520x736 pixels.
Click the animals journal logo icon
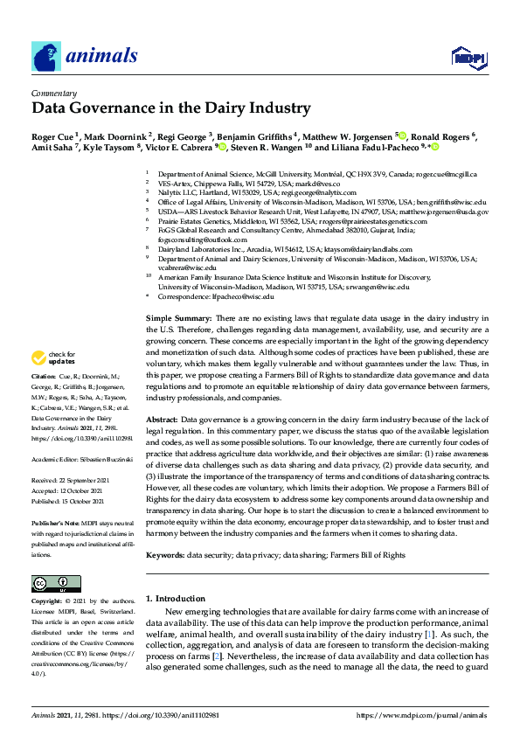(x=46, y=57)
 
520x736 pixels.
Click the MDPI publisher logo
(x=468, y=59)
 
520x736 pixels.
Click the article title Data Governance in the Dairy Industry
(x=171, y=109)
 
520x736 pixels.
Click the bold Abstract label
(x=162, y=420)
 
